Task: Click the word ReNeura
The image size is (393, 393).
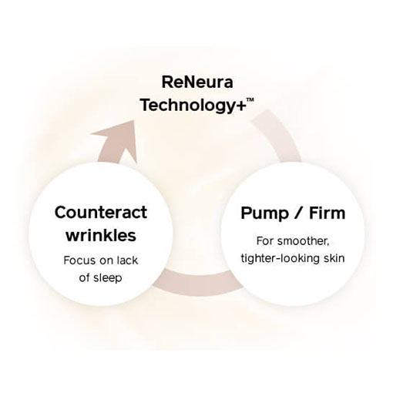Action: click(197, 82)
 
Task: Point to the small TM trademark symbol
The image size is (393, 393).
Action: click(250, 99)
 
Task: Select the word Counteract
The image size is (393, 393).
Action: click(101, 212)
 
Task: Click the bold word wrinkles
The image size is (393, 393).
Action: click(101, 235)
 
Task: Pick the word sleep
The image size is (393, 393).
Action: click(107, 278)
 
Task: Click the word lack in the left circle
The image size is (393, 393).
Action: click(127, 260)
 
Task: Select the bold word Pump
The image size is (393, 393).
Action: click(264, 213)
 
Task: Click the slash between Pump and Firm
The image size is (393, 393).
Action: click(298, 213)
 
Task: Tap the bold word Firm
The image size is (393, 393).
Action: click(327, 213)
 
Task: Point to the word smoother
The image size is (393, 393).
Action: click(304, 241)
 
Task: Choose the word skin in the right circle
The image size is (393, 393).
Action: click(334, 258)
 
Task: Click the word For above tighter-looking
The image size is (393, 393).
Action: click(265, 241)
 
